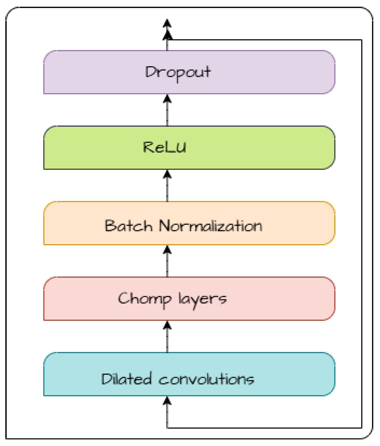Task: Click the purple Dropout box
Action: [189, 72]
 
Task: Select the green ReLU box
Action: [189, 148]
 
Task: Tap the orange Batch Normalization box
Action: [189, 223]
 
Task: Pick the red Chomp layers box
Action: [189, 299]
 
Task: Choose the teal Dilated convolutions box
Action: [189, 374]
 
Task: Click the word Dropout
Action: [178, 73]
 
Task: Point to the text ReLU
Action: [165, 147]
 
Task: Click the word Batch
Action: [129, 225]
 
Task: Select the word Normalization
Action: [211, 225]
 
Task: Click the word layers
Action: [202, 300]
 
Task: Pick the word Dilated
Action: [126, 379]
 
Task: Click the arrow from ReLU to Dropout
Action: [167, 110]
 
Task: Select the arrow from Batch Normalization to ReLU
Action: [167, 186]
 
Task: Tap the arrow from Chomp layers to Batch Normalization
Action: [167, 261]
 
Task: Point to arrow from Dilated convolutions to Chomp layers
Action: [167, 337]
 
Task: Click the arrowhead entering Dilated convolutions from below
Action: [167, 401]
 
